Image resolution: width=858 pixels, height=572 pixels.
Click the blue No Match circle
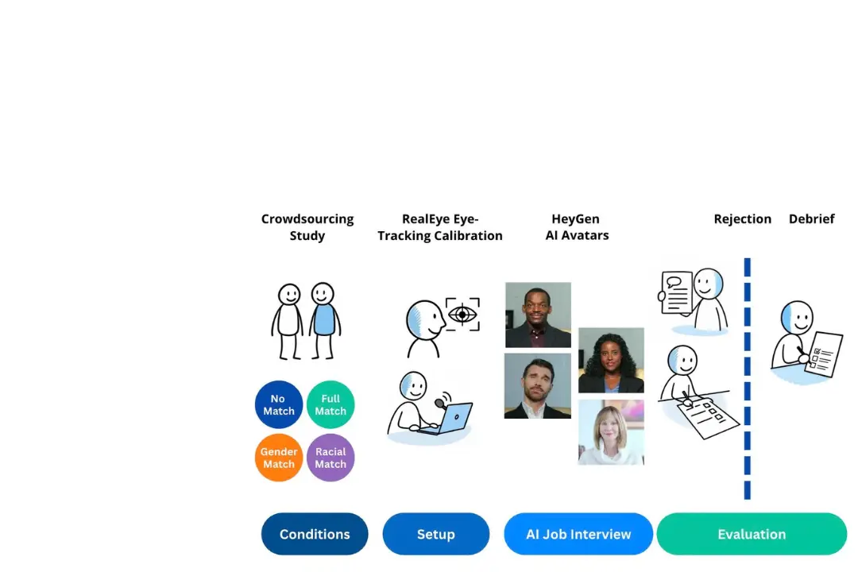point(279,405)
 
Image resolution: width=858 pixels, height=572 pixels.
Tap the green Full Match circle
point(330,405)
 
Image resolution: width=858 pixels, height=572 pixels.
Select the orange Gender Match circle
point(279,458)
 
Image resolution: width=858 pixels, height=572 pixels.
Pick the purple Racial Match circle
point(330,458)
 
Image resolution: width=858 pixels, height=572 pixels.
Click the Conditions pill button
point(315,534)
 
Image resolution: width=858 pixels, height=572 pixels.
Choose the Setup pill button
point(436,534)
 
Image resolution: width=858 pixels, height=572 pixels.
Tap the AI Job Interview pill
point(578,534)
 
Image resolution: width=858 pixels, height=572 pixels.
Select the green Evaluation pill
point(752,534)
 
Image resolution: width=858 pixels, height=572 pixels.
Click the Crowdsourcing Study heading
point(307,227)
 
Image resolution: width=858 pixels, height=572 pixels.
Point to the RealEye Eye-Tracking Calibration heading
point(440,227)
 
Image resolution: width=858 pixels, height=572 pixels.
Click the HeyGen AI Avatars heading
point(577,227)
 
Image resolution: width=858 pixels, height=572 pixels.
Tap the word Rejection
point(742,219)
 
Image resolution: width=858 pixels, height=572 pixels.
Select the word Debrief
point(811,219)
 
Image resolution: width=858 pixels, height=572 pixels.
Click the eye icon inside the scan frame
point(462,315)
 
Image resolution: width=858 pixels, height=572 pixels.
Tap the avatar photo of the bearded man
point(538,386)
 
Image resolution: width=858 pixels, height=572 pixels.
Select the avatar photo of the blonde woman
point(611,432)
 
